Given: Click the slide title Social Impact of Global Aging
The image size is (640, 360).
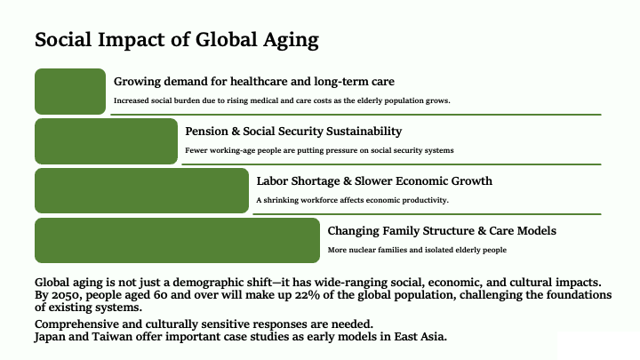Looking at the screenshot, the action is (177, 40).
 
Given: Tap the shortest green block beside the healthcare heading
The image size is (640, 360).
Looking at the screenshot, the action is (70, 92).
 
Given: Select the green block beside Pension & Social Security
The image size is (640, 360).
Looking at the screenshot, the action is (106, 141).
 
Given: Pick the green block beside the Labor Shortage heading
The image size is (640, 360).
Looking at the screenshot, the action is (141, 190).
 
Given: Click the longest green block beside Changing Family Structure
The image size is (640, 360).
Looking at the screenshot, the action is (177, 240).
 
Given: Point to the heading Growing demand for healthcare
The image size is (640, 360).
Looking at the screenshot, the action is (254, 82).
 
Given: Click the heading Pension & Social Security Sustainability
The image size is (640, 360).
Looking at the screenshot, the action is (293, 132).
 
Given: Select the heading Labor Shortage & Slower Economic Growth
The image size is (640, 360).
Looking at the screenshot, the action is (374, 181).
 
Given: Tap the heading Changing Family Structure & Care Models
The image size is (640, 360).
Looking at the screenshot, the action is (442, 231).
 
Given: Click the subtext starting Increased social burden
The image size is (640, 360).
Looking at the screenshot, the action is (282, 100).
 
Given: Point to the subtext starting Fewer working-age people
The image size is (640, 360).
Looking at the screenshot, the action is (319, 150).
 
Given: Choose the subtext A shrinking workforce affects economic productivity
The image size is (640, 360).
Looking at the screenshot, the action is (352, 200).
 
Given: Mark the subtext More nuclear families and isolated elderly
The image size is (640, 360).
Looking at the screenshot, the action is (417, 250).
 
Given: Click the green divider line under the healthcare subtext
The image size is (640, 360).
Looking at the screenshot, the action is (356, 115).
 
